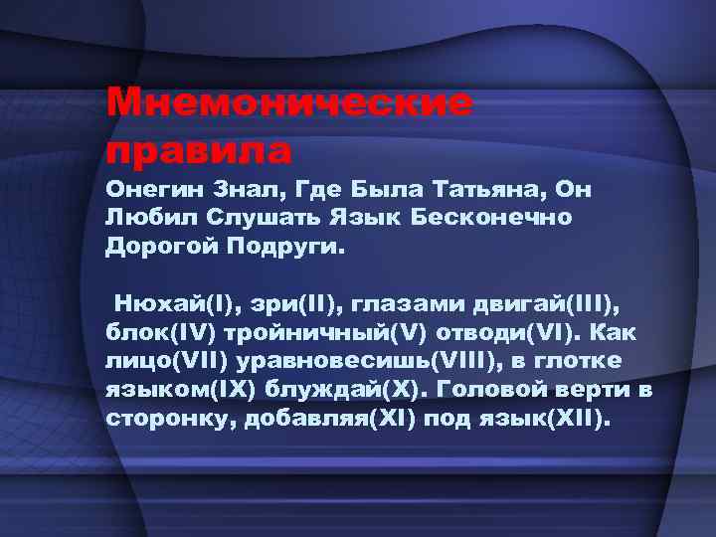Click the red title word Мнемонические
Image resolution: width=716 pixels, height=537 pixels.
click(289, 103)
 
